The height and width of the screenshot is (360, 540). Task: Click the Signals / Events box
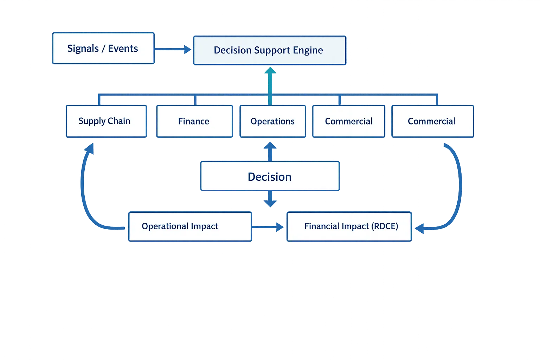[103, 48]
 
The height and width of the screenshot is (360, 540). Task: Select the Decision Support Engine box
[269, 50]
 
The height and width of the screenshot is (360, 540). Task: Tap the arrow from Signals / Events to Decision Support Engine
[173, 50]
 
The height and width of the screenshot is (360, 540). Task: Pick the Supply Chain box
[106, 121]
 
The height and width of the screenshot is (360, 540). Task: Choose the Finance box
[194, 121]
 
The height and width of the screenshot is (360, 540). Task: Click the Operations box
[272, 121]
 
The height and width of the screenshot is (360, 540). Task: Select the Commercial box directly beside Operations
[348, 121]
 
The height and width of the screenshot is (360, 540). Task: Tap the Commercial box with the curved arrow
[432, 121]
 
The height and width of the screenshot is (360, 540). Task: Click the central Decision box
[270, 176]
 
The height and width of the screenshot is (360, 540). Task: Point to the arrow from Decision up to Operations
[270, 151]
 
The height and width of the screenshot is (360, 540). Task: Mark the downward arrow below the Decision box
[270, 199]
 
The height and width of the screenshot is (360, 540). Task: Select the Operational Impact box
[190, 226]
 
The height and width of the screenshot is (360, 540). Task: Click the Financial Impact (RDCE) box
[349, 226]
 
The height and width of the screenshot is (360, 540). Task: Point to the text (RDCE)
[385, 226]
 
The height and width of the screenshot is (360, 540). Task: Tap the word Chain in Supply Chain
[119, 121]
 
